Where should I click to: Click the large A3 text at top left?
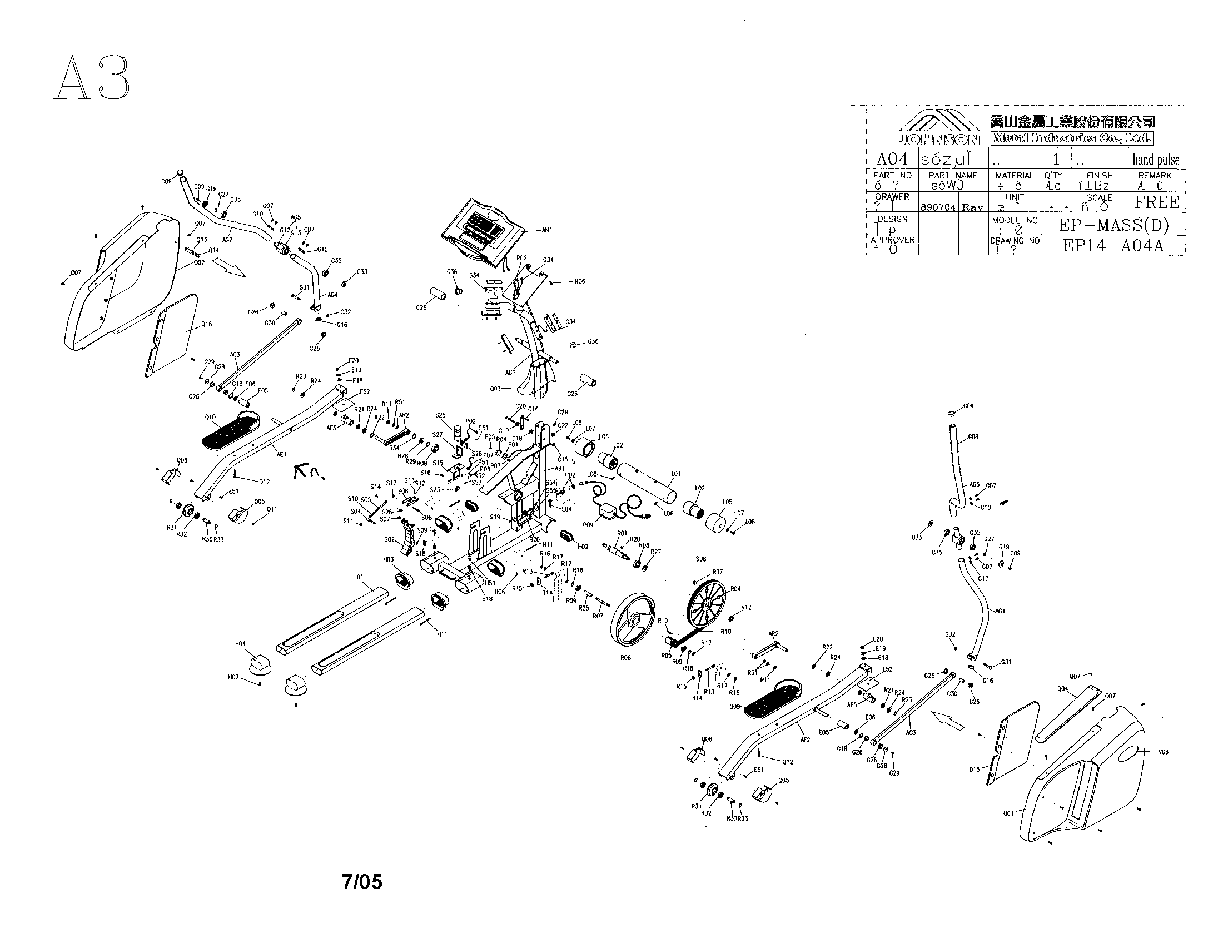(x=92, y=78)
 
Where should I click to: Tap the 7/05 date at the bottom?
(x=362, y=882)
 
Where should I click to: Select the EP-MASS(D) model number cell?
(x=1114, y=225)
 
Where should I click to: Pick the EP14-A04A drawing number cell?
(x=1114, y=246)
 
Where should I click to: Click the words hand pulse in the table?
(x=1156, y=160)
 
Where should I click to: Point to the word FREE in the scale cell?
(x=1157, y=202)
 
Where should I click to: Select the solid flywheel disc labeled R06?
(x=633, y=622)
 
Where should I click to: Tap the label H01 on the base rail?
(x=358, y=577)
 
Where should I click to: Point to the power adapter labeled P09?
(x=606, y=512)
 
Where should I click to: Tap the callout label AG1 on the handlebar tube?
(x=1000, y=611)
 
